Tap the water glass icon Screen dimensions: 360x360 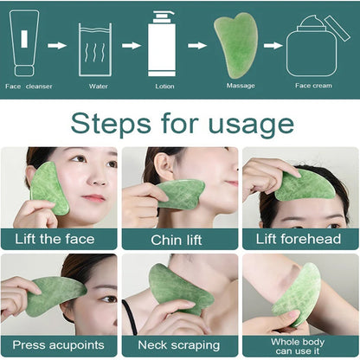point(95,49)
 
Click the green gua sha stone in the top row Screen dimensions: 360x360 point(235,44)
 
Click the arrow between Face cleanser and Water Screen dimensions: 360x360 point(57,45)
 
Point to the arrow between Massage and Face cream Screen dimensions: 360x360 point(273,45)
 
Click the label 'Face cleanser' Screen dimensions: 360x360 point(28,86)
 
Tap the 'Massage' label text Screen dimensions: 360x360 point(240,86)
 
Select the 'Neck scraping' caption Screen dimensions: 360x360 point(179,345)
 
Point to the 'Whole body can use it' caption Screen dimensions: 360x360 point(299,345)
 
